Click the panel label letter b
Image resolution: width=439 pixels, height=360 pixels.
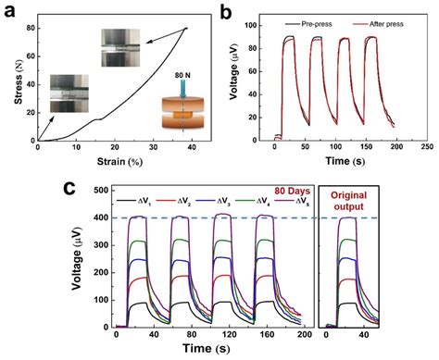(229, 10)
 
